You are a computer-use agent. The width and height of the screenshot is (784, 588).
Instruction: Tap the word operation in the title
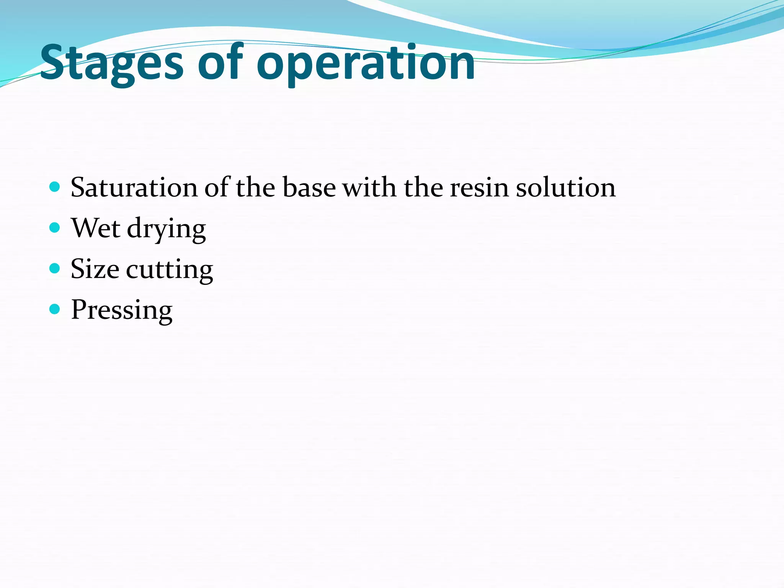click(x=366, y=63)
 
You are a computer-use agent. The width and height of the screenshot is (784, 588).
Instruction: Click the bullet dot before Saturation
click(x=55, y=187)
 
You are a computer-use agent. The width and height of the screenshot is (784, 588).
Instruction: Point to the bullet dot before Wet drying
click(x=55, y=228)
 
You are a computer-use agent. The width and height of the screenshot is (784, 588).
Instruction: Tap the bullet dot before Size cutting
click(x=55, y=268)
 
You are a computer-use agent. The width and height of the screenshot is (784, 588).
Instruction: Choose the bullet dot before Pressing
click(x=55, y=309)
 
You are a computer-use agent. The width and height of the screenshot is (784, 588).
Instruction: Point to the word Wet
click(x=96, y=228)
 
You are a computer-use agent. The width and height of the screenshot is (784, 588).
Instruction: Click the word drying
click(x=166, y=230)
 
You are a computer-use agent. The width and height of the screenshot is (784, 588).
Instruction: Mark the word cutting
click(x=169, y=270)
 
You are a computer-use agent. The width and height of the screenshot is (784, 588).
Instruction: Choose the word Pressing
click(x=122, y=310)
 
